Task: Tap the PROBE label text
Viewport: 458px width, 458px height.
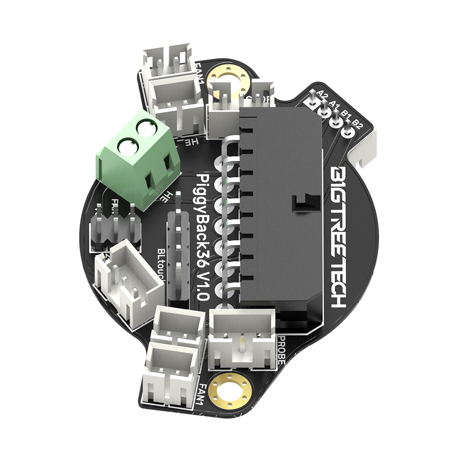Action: (x=281, y=350)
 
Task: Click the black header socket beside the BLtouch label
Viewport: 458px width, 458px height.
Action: (x=179, y=256)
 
